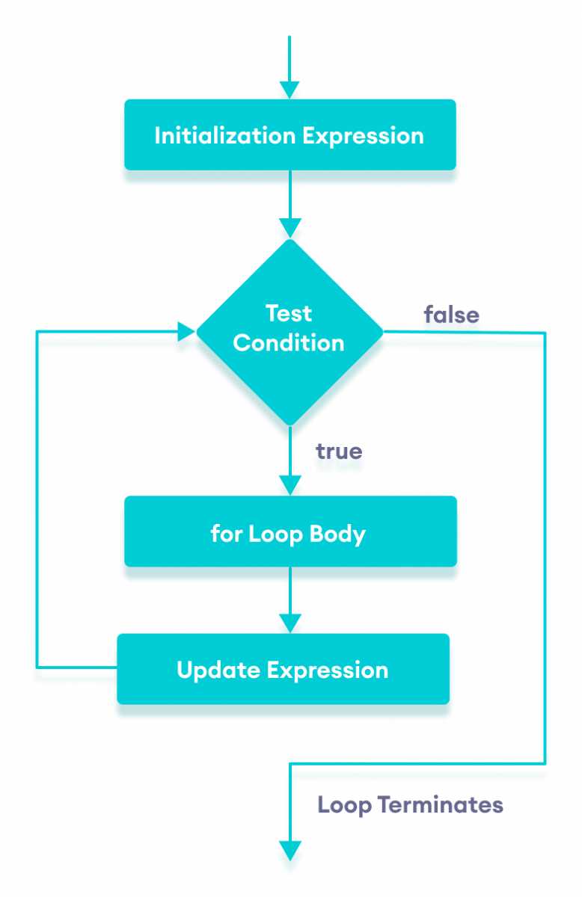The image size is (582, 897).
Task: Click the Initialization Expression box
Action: coord(289,136)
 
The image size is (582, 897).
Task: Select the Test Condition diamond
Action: coord(289,333)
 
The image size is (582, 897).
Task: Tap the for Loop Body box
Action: coord(289,534)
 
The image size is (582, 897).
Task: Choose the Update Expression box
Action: coord(283,670)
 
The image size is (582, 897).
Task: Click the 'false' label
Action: coord(452,315)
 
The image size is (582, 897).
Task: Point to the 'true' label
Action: coord(339,451)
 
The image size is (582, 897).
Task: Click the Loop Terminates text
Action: coord(410,805)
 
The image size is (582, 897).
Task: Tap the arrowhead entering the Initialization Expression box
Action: coord(289,89)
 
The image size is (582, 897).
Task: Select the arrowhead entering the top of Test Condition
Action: coord(289,227)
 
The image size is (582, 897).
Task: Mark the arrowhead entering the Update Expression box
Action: coord(289,623)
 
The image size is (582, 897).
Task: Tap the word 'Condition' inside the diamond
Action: coord(289,343)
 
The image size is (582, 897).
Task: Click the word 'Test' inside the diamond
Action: coord(289,313)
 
